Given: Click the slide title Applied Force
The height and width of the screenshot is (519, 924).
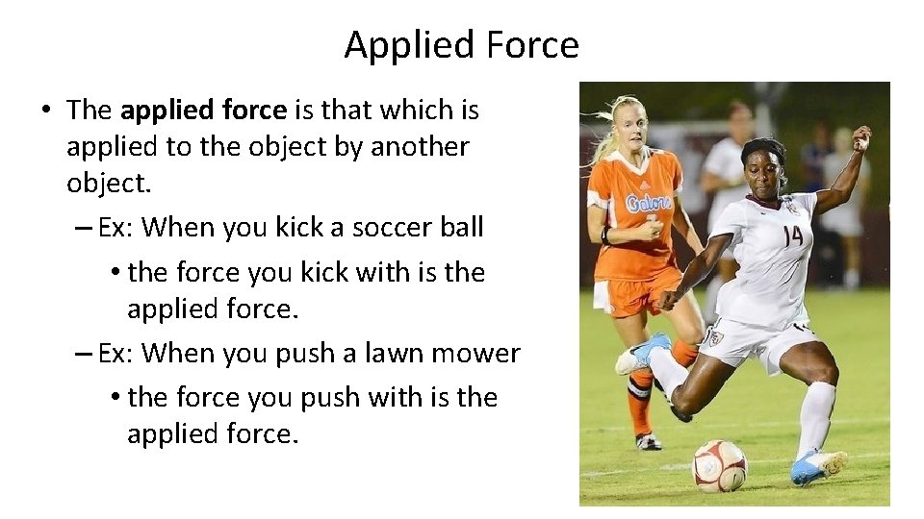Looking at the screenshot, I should coord(462,45).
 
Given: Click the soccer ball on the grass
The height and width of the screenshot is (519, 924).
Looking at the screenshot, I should coord(720,465).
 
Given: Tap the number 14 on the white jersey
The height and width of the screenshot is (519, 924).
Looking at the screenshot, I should coord(792,235).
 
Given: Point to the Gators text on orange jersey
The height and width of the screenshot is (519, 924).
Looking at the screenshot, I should coord(648,203).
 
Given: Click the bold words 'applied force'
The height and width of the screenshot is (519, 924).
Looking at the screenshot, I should coord(204,111).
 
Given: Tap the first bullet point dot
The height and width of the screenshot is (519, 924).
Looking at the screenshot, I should coord(46,111).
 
